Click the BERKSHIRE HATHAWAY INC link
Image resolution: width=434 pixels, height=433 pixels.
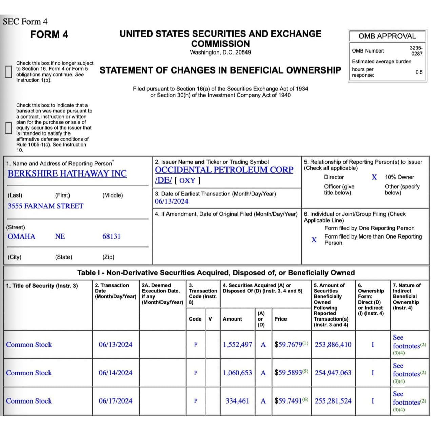click(67, 173)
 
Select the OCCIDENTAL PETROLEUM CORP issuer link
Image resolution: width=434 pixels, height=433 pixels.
click(224, 170)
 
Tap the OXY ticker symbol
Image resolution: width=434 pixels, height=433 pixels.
click(187, 180)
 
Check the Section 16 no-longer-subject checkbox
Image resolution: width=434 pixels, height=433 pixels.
click(8, 71)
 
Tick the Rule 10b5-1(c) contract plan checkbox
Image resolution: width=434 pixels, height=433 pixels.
click(8, 128)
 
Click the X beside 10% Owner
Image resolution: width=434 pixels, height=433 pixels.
click(374, 177)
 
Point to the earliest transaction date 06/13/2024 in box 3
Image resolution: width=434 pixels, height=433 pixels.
click(172, 201)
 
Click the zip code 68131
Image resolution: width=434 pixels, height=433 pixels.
click(111, 236)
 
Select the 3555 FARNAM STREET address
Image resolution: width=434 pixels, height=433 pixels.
click(45, 206)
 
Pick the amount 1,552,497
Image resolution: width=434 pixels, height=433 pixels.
click(237, 345)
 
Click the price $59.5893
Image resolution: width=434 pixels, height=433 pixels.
click(288, 373)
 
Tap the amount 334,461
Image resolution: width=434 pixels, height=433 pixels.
click(237, 401)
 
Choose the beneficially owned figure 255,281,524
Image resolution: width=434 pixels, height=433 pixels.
click(333, 401)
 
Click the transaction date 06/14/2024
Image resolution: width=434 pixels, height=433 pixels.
click(115, 373)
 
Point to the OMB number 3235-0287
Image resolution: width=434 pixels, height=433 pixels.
click(416, 51)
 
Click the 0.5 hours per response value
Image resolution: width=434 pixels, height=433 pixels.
click(419, 72)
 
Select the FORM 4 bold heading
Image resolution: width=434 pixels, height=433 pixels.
click(49, 35)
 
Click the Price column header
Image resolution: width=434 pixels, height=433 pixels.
click(280, 319)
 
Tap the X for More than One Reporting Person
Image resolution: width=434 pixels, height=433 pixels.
click(314, 240)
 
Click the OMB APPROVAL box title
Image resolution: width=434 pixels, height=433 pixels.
click(387, 36)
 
